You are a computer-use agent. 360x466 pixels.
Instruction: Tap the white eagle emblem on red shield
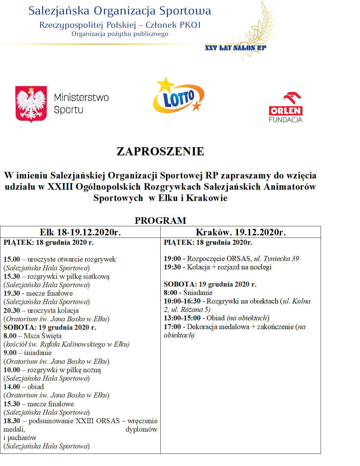31,104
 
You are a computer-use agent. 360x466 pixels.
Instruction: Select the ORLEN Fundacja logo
285,107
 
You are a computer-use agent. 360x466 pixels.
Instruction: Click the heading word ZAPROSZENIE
160,152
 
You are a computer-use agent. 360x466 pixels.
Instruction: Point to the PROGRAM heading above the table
160,221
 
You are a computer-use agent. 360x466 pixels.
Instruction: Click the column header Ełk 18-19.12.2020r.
80,232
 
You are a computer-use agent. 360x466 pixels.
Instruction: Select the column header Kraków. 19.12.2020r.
241,232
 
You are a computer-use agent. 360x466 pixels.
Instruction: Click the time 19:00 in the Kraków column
172,259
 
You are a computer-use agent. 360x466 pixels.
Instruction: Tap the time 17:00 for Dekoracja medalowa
172,327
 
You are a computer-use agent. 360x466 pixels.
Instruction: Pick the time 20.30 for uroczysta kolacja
12,311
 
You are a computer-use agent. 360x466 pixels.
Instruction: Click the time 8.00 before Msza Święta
10,336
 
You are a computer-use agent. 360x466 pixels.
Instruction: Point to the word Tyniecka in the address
277,259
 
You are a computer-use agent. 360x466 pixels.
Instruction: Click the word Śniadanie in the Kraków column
198,293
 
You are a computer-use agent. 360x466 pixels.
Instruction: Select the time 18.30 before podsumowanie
12,421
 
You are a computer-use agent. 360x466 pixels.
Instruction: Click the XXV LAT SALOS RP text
236,48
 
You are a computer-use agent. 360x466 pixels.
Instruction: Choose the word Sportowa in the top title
185,11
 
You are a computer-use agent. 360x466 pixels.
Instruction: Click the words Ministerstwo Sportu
81,104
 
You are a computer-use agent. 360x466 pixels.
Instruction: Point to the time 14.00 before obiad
12,387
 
